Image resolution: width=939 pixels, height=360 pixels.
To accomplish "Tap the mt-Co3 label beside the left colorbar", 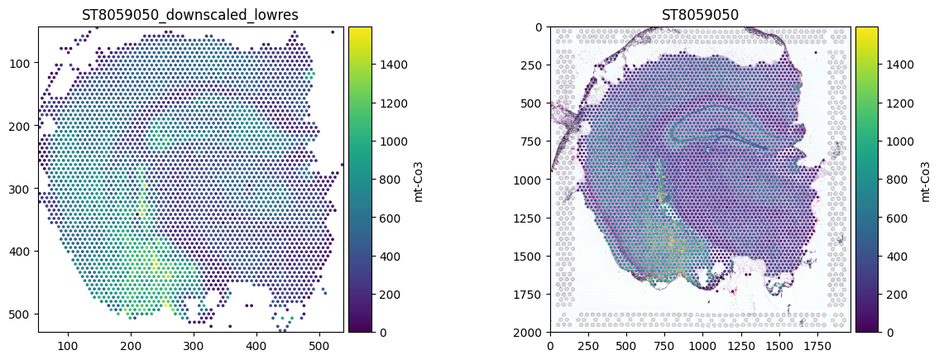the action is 418,179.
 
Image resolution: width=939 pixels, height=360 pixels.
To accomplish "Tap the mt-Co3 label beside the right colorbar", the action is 925,179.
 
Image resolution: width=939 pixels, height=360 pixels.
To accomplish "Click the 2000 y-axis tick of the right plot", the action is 532,333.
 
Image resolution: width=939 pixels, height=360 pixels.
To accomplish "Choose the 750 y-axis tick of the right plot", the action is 534,142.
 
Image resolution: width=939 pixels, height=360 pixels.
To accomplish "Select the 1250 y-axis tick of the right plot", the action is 532,218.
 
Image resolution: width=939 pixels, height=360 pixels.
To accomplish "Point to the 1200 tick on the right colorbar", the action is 896,103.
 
